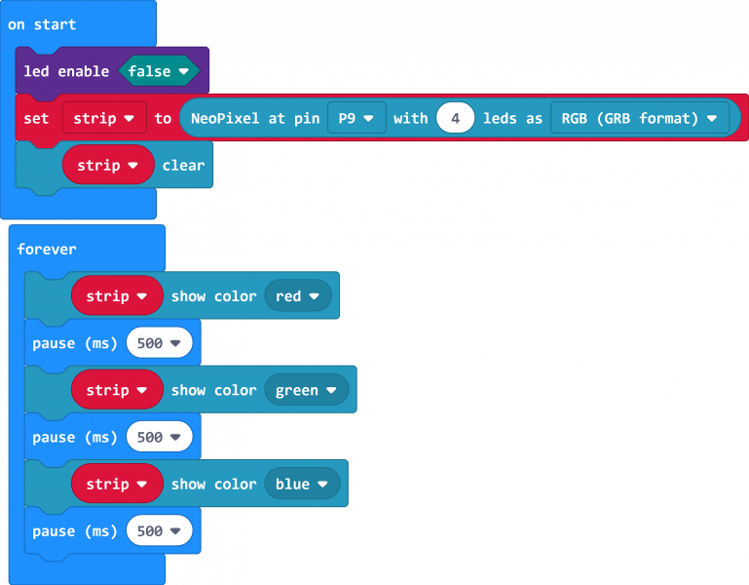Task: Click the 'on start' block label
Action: coord(42,24)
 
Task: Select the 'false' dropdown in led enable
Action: coord(158,71)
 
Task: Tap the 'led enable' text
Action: coord(66,71)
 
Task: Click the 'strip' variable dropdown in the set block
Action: coord(104,118)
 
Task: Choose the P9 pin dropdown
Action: coord(356,118)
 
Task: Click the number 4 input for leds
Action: coord(455,118)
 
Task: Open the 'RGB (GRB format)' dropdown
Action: coord(639,118)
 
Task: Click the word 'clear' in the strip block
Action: coord(183,165)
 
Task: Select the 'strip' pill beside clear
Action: coord(108,165)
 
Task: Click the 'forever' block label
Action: coord(47,249)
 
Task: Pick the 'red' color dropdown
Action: coord(297,295)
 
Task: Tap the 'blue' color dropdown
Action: coord(302,484)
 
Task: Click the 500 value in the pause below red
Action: coord(159,343)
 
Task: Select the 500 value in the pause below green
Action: coord(159,437)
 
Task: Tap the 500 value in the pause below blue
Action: coord(159,530)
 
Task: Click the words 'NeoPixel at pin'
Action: coord(254,118)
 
